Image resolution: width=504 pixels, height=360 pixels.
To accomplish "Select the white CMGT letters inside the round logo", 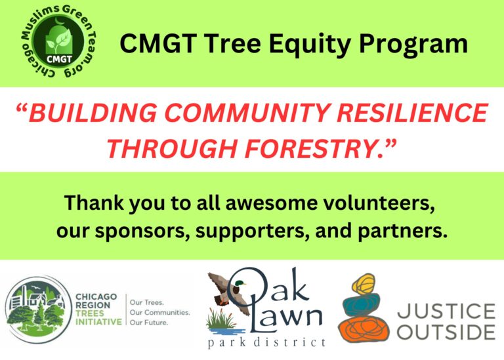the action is click(59, 60).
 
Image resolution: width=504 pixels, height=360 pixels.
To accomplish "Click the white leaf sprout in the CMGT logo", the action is click(60, 41).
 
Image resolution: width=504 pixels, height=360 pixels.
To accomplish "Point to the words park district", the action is click(267, 342).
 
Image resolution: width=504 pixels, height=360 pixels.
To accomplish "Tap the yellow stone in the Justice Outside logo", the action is click(364, 284).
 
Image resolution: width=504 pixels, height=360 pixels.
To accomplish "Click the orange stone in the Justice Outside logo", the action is click(363, 329).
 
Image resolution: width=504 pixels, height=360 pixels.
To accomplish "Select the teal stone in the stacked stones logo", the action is click(362, 305).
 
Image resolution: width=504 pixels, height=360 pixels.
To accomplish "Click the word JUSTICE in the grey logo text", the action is click(446, 311).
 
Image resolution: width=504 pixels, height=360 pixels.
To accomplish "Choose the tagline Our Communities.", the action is click(159, 312).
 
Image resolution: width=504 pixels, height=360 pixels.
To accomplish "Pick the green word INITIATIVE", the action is click(98, 322).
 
